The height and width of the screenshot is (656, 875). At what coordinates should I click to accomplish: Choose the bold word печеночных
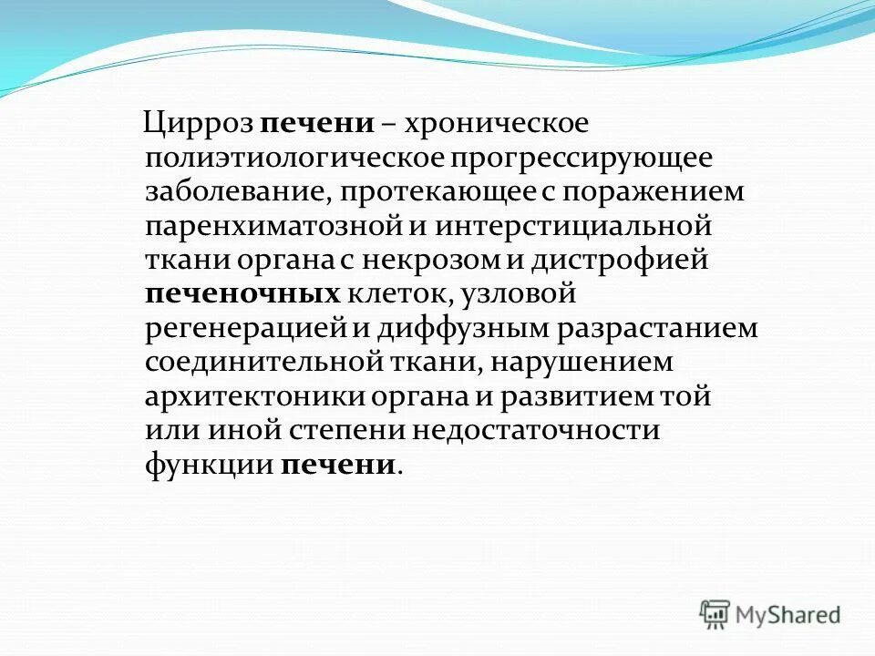(242, 294)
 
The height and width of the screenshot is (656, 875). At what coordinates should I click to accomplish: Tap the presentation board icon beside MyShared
(715, 614)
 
